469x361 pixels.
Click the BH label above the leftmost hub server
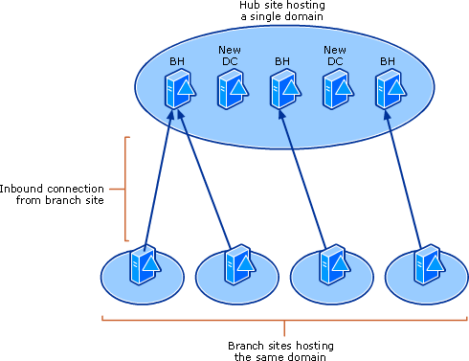tap(177, 61)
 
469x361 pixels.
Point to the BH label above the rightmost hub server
tap(388, 61)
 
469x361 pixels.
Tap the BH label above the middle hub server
tap(282, 61)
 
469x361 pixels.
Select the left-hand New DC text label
tap(230, 56)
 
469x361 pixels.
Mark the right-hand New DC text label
tap(335, 56)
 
